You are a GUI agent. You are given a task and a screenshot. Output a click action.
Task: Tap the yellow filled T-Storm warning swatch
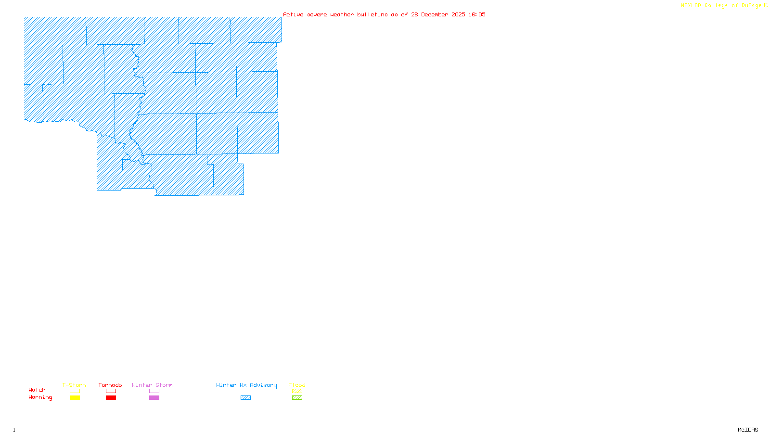pos(75,398)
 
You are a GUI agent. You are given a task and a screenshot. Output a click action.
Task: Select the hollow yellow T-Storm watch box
pos(75,391)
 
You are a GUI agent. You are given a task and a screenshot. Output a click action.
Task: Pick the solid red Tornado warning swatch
pos(111,398)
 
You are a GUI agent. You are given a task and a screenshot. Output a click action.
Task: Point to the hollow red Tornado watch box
pos(111,391)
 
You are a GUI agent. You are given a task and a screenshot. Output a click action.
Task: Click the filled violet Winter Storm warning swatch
pos(154,398)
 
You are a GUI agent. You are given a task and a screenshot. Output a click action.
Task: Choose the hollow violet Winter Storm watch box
pos(154,391)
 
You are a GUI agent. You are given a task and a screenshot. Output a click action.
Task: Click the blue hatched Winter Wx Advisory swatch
pos(245,398)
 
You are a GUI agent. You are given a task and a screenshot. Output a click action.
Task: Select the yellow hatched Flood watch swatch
pos(297,391)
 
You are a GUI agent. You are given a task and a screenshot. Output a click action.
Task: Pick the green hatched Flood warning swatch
pos(297,398)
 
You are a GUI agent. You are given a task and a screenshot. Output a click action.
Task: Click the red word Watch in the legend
pos(37,390)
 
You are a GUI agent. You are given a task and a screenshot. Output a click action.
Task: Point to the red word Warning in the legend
pos(40,397)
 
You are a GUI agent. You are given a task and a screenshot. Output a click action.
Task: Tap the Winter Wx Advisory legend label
pos(246,385)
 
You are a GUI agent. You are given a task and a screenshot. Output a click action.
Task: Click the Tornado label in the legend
pos(110,385)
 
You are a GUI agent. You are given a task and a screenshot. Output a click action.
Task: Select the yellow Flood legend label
pos(297,385)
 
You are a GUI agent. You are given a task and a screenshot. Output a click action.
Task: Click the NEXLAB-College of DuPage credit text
pos(721,6)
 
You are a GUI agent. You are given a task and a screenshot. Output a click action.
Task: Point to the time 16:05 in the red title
pos(477,14)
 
